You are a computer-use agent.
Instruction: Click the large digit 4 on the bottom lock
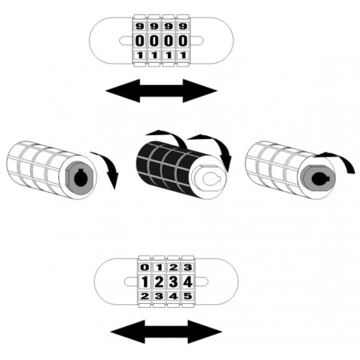click(x=188, y=282)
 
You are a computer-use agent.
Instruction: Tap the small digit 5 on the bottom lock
click(x=188, y=296)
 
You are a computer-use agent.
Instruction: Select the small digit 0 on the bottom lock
click(x=145, y=267)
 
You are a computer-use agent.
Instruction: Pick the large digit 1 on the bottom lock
click(x=145, y=282)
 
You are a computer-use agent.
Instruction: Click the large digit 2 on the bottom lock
click(x=159, y=282)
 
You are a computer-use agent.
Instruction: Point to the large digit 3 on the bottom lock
click(x=173, y=282)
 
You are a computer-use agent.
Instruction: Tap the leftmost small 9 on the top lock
click(x=140, y=26)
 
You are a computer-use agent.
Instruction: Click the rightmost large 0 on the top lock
click(x=183, y=41)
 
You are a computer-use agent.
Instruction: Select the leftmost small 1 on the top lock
click(x=140, y=55)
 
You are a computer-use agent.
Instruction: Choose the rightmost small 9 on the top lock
click(x=183, y=26)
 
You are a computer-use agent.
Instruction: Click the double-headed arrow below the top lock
click(x=161, y=91)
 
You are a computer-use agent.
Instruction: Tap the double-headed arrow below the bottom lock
click(x=166, y=332)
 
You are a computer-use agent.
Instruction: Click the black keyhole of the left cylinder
click(x=82, y=178)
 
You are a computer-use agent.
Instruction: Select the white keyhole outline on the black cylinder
click(x=211, y=178)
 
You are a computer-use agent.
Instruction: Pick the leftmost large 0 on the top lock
click(x=140, y=41)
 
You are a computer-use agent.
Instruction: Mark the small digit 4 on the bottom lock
click(x=173, y=296)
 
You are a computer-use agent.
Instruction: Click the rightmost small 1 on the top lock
click(x=183, y=55)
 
